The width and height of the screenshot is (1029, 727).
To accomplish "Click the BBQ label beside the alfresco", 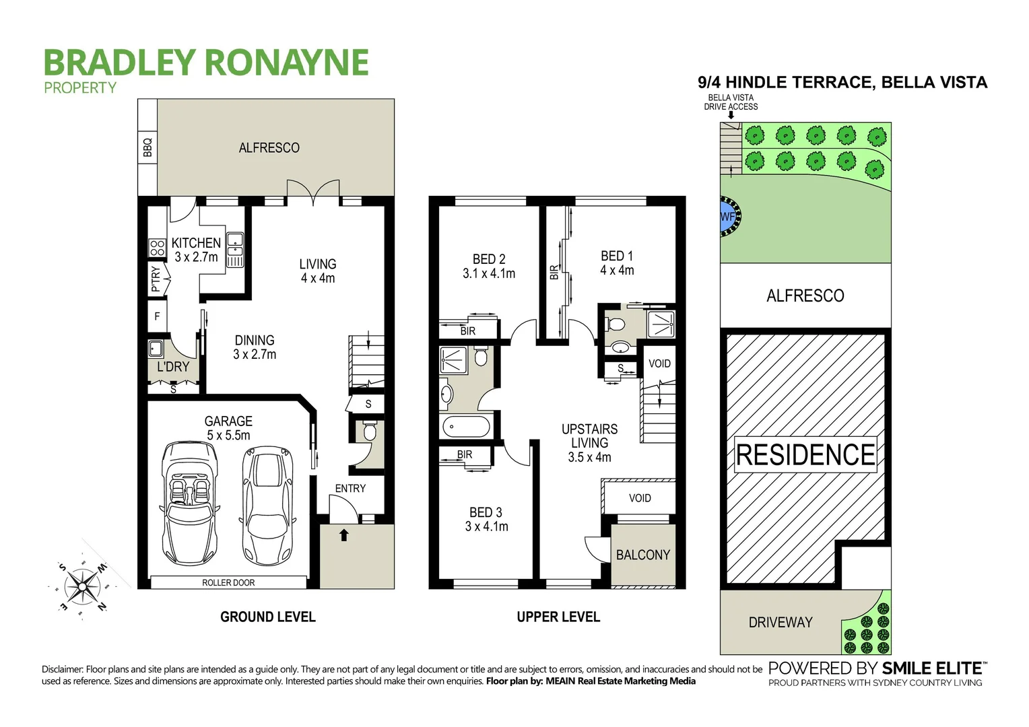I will [x=147, y=147].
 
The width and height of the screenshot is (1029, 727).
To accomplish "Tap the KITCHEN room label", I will [x=196, y=243].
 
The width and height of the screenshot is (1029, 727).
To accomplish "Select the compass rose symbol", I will [x=80, y=577].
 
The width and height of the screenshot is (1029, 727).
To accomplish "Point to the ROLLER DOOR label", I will [x=228, y=583].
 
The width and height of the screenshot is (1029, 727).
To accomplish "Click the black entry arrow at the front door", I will [x=344, y=536].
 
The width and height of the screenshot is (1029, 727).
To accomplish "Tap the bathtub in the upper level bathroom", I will [x=467, y=427].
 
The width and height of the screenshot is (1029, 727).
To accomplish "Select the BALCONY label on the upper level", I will [x=642, y=555].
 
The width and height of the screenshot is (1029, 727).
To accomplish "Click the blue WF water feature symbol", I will [x=727, y=217].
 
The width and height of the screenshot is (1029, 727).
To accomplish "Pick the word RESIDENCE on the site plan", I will [x=805, y=454].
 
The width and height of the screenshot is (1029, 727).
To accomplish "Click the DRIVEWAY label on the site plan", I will [x=781, y=622].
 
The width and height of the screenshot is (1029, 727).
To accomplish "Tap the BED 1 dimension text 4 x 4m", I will [x=617, y=271].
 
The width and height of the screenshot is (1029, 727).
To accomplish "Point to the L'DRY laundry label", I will [x=173, y=367].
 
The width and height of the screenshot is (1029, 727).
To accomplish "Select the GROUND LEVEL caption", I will [x=268, y=617].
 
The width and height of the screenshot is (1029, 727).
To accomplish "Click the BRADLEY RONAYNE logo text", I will [x=206, y=62].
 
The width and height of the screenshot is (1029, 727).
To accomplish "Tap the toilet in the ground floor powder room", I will [x=368, y=431].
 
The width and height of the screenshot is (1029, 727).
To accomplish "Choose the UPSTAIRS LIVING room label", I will [x=589, y=436].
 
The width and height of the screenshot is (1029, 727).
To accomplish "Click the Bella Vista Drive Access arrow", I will [x=731, y=115].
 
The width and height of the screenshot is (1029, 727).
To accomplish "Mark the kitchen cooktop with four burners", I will [x=157, y=248].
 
